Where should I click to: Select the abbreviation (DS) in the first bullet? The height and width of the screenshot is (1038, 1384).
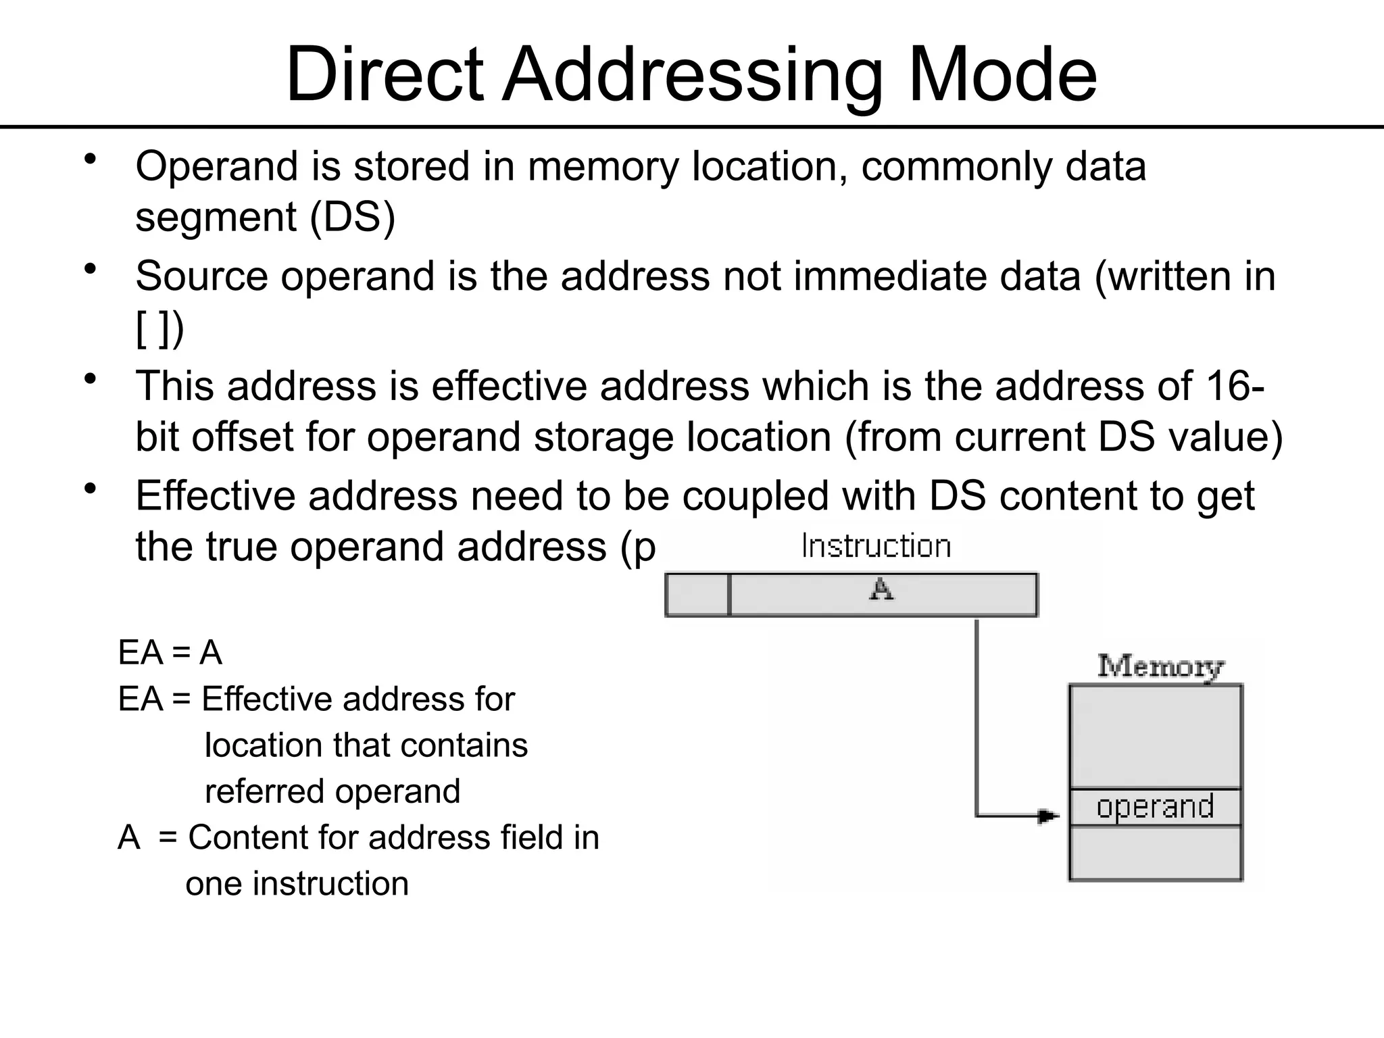[352, 218]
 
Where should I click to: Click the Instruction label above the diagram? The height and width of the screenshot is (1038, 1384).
[876, 546]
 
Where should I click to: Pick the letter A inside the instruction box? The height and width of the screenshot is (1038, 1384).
[881, 590]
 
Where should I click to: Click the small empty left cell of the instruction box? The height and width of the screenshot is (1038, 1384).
[697, 595]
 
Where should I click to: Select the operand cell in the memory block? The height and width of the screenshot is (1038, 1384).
[1155, 807]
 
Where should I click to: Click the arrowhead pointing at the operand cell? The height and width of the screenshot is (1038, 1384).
[1048, 816]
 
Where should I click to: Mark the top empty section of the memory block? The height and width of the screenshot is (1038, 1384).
[1155, 737]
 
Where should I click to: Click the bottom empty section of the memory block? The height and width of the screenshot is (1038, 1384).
[1155, 853]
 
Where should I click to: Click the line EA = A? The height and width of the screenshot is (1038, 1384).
[170, 653]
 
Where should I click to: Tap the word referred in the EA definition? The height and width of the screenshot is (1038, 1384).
[268, 791]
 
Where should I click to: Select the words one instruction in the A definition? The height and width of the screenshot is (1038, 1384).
[297, 884]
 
